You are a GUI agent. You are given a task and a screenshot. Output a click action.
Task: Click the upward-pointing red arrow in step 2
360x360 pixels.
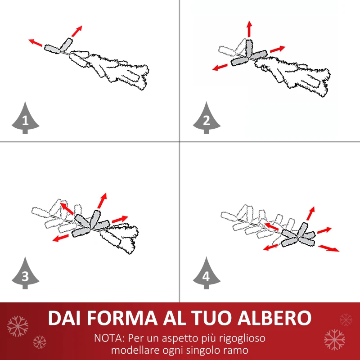[x=248, y=29]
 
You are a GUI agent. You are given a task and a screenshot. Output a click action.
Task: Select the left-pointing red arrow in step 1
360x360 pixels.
[x=36, y=43]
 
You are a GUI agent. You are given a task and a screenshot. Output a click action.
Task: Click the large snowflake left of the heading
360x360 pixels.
[x=18, y=326]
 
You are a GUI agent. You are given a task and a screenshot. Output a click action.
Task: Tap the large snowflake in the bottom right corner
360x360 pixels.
[x=334, y=339]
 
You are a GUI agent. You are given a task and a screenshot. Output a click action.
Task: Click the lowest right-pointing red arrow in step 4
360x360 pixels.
[x=329, y=248]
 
